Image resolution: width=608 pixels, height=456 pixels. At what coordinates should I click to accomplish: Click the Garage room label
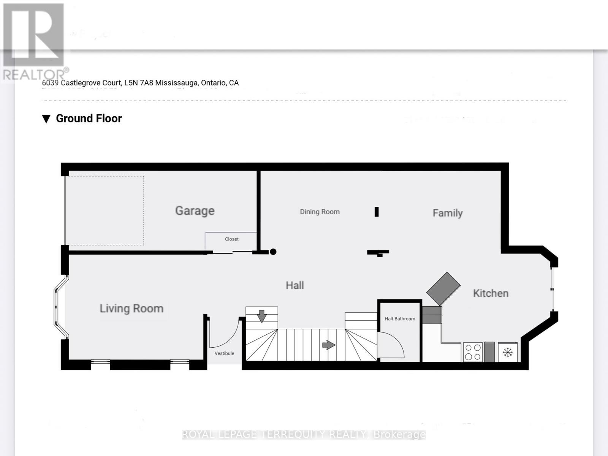point(195,211)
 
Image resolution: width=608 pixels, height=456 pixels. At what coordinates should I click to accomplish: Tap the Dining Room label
point(320,212)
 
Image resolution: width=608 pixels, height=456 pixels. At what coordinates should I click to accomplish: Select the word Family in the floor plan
point(447,213)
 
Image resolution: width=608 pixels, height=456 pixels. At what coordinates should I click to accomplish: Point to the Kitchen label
point(490,293)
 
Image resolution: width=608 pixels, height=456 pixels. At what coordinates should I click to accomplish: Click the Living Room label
point(131,308)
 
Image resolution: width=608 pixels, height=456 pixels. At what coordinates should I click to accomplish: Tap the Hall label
point(294,285)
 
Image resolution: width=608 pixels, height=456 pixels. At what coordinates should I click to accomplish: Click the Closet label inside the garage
point(231,239)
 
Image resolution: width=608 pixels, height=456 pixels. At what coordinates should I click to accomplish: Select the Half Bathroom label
point(399,318)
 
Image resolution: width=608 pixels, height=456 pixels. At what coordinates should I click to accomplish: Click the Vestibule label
point(224,353)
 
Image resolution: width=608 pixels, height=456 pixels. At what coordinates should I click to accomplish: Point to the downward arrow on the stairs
point(261,316)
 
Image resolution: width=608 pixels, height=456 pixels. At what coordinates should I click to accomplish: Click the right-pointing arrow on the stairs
point(329,345)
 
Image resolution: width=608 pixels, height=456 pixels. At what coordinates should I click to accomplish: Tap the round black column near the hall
point(273,252)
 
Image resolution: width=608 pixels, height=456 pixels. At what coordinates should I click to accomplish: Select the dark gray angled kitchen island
point(443,288)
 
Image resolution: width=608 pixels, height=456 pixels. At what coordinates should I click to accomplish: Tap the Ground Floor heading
point(89,119)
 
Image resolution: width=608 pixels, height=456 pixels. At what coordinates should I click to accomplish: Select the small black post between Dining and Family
point(377,212)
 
